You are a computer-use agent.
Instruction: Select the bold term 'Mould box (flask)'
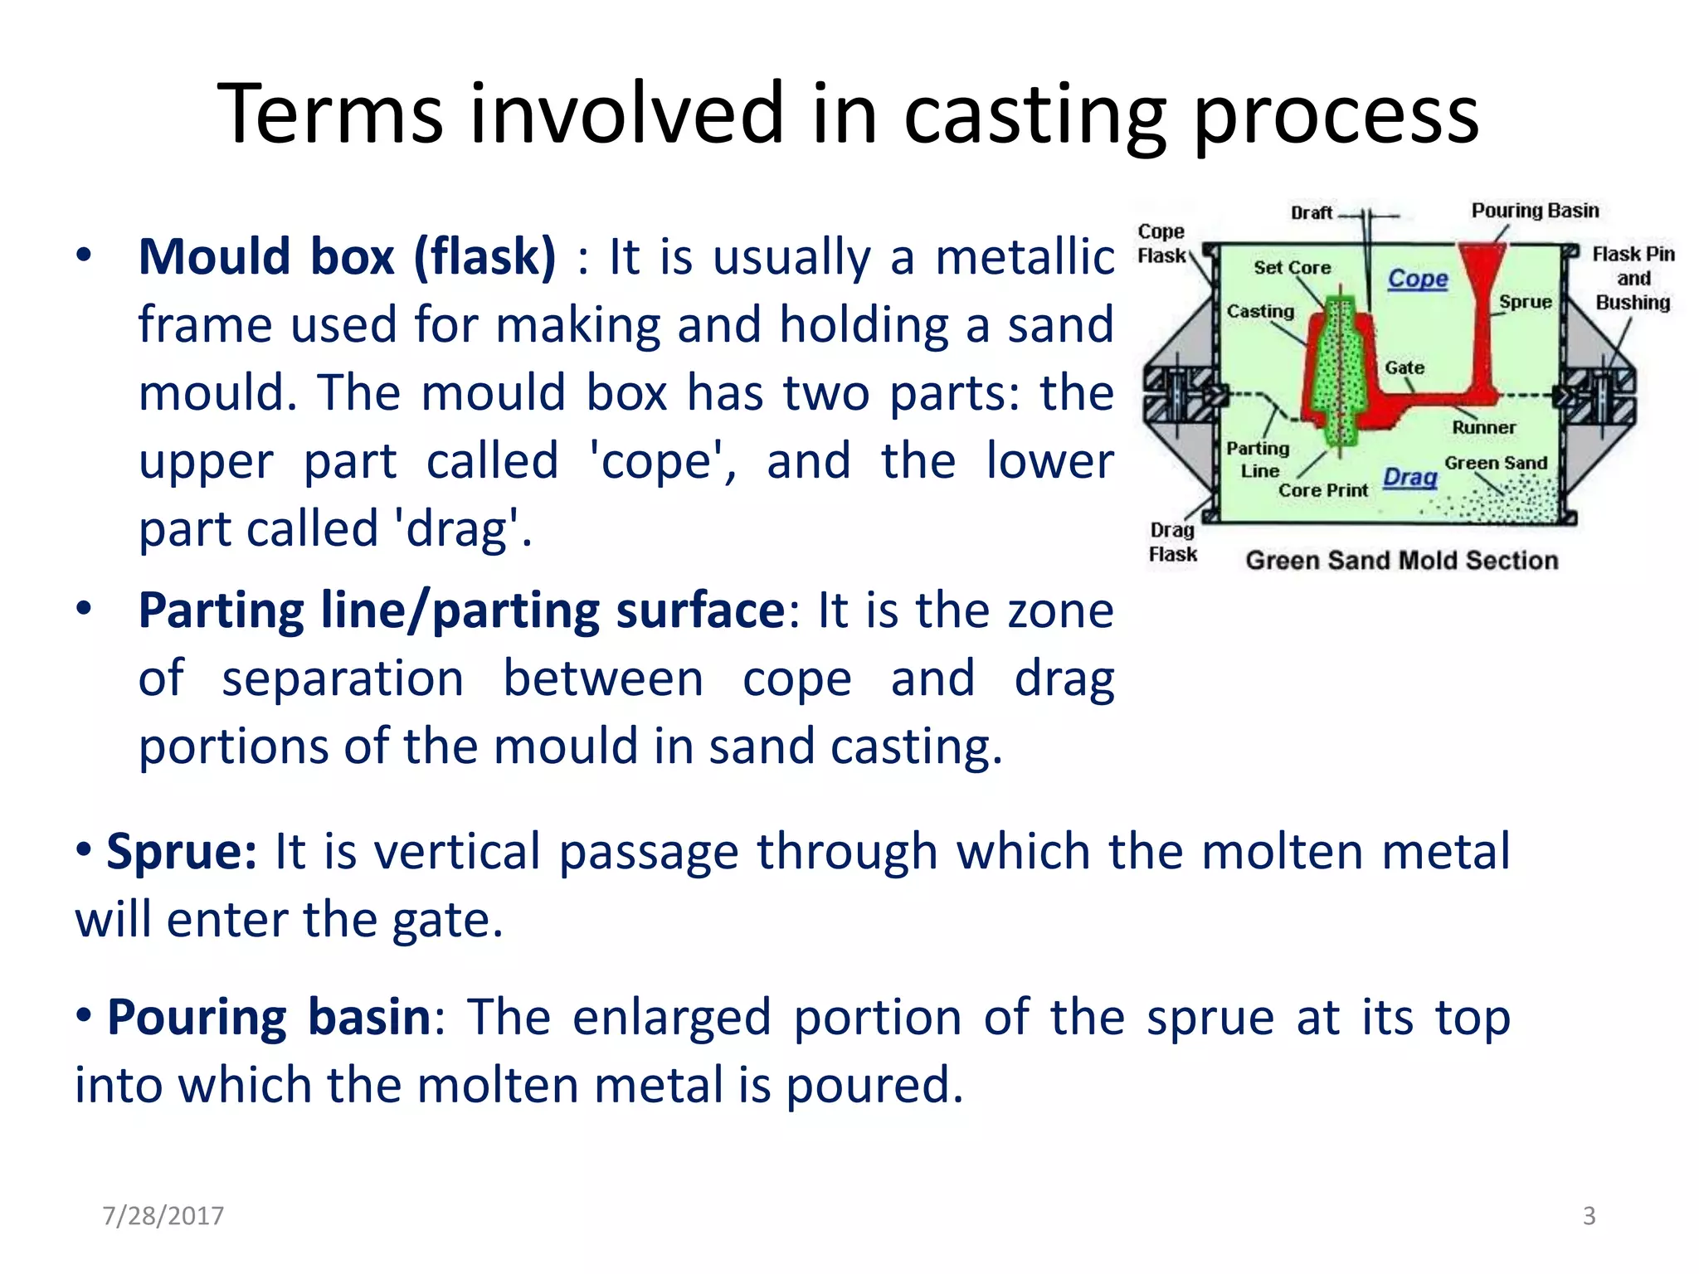click(x=347, y=256)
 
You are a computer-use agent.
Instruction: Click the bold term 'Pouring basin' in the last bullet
click(x=269, y=1017)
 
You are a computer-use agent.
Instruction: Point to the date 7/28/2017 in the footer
click(x=163, y=1215)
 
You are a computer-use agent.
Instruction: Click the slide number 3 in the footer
click(x=1589, y=1215)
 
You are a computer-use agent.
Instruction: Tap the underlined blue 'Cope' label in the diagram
click(x=1418, y=279)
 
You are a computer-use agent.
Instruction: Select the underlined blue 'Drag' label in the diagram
click(x=1409, y=477)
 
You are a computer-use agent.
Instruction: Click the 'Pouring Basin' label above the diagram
click(x=1535, y=211)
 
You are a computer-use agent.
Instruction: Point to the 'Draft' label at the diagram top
click(x=1311, y=213)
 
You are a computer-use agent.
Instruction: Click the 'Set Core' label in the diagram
click(x=1292, y=268)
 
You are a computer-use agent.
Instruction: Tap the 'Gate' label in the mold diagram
click(x=1404, y=367)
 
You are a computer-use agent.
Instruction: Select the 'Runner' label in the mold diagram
click(x=1483, y=427)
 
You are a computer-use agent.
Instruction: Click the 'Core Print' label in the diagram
click(x=1322, y=490)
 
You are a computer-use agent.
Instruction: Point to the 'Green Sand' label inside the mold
click(x=1496, y=463)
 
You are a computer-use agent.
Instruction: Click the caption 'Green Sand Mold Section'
click(x=1401, y=561)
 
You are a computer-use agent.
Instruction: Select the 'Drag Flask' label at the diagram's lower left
click(x=1172, y=542)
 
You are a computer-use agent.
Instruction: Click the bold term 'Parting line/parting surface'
click(x=461, y=611)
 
